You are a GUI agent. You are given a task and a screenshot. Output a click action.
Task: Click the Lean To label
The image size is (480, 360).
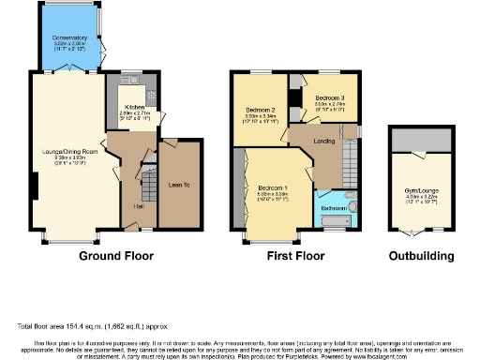(180, 185)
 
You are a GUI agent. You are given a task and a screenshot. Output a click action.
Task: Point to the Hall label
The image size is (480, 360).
(139, 205)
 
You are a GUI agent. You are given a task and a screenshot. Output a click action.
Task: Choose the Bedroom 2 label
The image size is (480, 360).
(259, 110)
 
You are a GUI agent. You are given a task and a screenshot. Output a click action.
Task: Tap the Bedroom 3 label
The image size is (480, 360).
(328, 97)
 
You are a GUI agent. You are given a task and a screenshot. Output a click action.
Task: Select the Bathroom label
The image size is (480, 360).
(334, 207)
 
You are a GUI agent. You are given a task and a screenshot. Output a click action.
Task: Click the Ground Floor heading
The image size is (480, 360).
(115, 255)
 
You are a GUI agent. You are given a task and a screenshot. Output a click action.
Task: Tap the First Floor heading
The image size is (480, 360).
(293, 255)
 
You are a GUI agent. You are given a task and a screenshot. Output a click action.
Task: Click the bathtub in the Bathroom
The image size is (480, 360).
(334, 222)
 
